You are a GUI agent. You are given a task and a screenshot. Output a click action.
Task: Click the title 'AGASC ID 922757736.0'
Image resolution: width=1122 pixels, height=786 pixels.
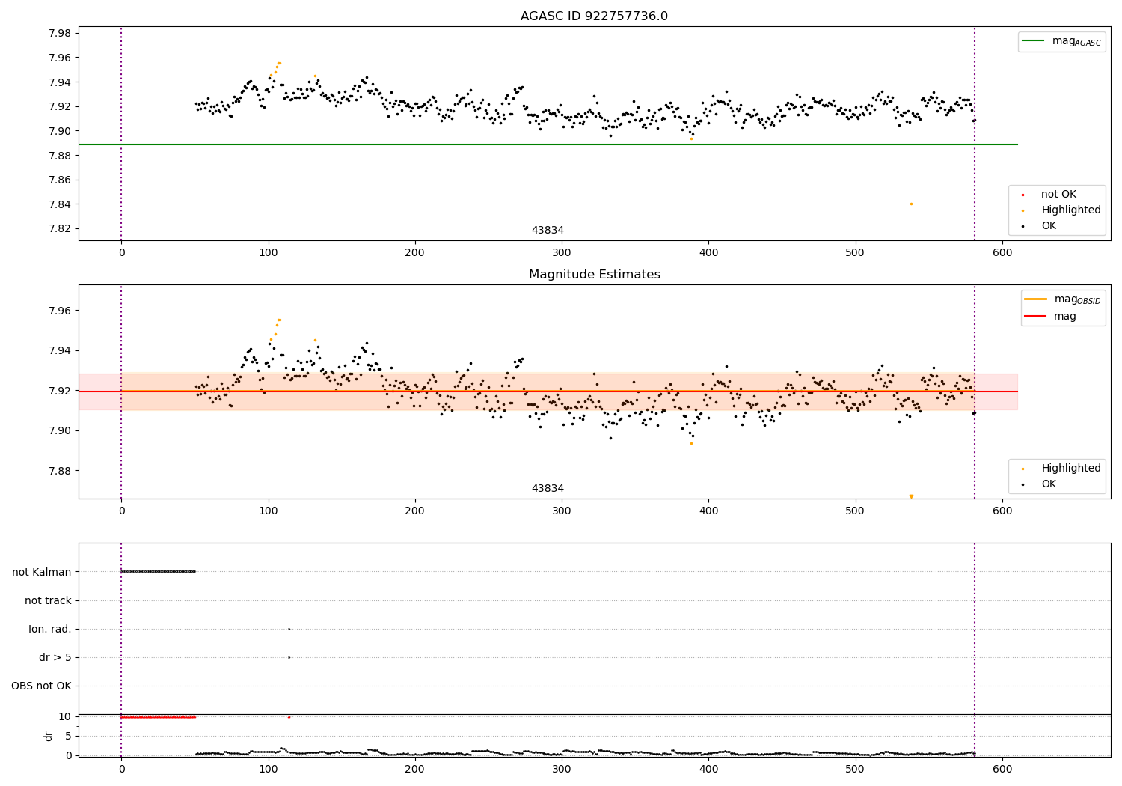point(594,16)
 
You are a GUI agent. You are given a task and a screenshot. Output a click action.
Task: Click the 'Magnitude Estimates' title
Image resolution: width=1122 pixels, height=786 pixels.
point(594,275)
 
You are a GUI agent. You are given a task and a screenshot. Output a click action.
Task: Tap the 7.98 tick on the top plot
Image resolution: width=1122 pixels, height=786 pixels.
point(60,33)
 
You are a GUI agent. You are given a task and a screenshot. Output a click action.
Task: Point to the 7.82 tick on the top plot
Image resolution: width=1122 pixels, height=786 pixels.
point(60,229)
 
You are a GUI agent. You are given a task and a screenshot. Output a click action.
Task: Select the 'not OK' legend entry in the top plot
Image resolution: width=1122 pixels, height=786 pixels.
point(1058,195)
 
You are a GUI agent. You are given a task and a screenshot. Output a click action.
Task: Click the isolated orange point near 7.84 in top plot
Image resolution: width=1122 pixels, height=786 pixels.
point(911,204)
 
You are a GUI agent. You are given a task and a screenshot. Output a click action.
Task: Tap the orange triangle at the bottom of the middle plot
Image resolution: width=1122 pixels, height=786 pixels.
point(911,496)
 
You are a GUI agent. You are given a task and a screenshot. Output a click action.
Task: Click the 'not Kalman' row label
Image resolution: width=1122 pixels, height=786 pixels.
point(42,572)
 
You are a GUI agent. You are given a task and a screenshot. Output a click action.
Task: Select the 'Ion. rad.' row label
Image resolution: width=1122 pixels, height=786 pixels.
point(50,629)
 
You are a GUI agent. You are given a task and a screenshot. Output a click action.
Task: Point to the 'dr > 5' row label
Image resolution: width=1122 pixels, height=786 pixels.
point(55,657)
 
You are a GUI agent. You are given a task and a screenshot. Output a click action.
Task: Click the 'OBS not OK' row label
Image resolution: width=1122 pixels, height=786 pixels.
point(42,686)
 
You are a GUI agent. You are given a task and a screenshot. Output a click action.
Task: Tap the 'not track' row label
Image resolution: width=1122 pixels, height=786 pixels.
point(48,600)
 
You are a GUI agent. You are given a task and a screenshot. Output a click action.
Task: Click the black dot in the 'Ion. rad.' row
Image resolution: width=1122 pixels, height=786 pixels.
point(289,629)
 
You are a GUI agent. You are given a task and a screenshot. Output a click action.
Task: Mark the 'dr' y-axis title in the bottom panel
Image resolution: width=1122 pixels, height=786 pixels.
point(49,736)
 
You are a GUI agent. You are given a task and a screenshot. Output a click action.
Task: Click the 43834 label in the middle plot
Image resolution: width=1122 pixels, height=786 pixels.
point(548,488)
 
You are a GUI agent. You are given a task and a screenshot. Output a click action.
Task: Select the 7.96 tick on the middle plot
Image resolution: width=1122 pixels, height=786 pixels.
point(60,311)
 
